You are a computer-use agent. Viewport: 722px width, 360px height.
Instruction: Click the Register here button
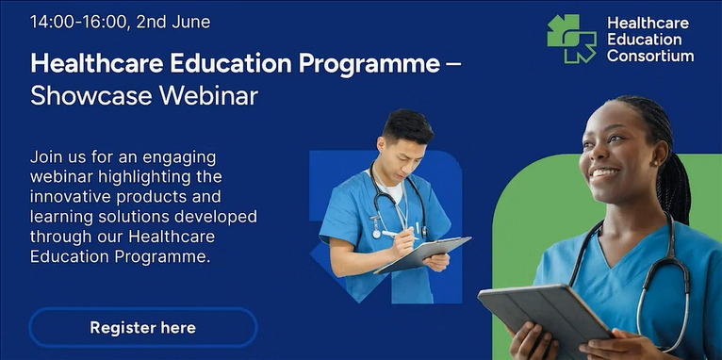(x=142, y=327)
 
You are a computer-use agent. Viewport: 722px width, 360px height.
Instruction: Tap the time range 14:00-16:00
(x=78, y=22)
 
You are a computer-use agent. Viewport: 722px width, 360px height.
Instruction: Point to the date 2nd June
(x=173, y=22)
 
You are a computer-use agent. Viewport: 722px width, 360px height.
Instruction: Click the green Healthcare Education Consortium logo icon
(x=571, y=39)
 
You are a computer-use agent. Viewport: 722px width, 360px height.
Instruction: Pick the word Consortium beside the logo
(x=650, y=56)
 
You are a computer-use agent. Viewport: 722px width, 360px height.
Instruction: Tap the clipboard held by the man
(x=422, y=254)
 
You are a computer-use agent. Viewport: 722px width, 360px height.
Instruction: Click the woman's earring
(x=654, y=162)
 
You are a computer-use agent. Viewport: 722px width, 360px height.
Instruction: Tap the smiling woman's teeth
(x=604, y=173)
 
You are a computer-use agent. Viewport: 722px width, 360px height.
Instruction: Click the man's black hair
(x=407, y=125)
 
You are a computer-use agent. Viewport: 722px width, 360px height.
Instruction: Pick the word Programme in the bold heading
(x=369, y=64)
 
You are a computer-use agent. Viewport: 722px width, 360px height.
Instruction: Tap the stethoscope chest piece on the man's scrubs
(x=377, y=233)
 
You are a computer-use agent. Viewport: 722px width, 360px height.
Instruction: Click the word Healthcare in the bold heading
(x=97, y=63)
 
